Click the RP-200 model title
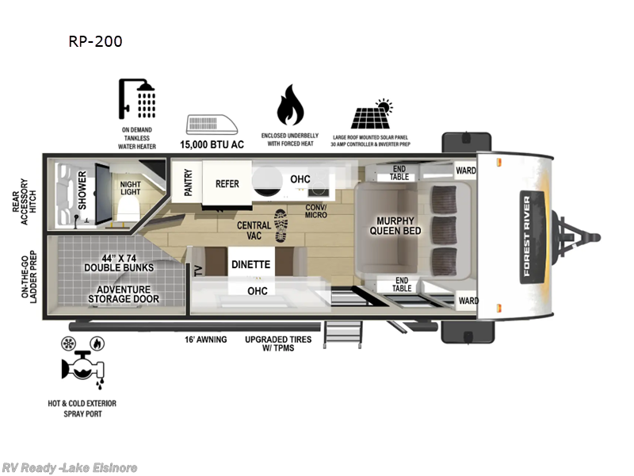(95, 41)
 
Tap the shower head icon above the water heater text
(138, 102)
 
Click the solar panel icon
(372, 115)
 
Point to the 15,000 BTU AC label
(213, 145)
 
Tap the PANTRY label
(189, 182)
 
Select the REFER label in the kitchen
(227, 183)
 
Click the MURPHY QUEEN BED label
(397, 226)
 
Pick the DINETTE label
(251, 265)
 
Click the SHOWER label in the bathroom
(82, 190)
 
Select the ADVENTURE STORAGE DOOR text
(123, 294)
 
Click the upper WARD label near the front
(466, 171)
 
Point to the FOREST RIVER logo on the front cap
(526, 236)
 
